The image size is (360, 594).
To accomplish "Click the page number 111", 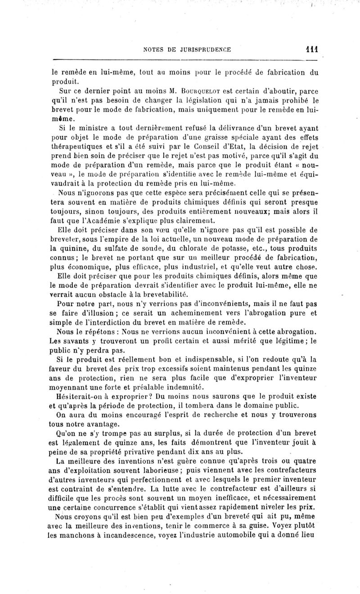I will (x=310, y=51).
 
